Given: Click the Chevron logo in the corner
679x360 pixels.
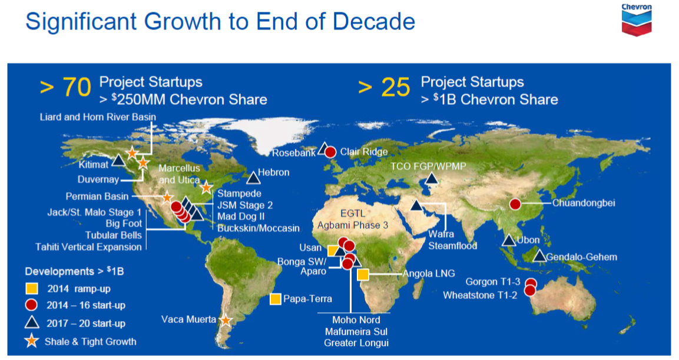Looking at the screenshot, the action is [637, 20].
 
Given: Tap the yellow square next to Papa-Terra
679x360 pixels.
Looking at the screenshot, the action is [276, 299].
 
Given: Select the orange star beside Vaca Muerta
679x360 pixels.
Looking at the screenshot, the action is [226, 320].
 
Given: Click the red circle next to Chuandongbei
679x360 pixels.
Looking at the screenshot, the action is [515, 204].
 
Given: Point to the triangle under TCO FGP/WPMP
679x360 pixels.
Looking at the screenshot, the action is [431, 179].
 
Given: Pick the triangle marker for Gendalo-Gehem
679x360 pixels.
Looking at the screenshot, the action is [539, 256].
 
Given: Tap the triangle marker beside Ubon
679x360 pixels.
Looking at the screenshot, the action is [509, 240].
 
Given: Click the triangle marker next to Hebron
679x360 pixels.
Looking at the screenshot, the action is [253, 177].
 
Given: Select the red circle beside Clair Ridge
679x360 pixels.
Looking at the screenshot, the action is [330, 152].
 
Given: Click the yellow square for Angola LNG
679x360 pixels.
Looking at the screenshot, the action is [363, 274].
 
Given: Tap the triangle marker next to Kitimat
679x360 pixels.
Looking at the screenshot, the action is [118, 161].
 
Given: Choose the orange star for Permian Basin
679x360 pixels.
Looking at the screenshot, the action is [167, 197].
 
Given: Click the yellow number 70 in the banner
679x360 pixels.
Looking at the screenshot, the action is [77, 87].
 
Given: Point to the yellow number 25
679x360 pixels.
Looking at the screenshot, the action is [395, 87].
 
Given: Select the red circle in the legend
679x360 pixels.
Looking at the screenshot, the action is [31, 305].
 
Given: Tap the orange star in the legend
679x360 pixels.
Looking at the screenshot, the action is [32, 341].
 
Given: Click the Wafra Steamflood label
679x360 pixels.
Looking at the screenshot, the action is [452, 240].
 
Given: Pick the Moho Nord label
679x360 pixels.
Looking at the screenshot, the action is [356, 320].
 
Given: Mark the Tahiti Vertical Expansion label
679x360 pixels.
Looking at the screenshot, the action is [88, 247].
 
